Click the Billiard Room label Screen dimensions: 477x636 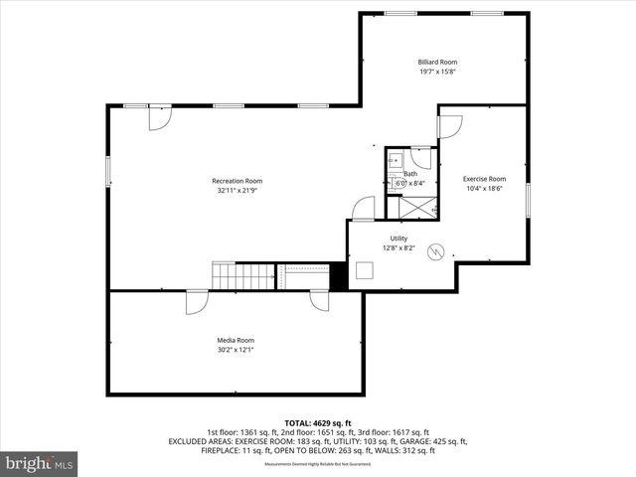[437, 62]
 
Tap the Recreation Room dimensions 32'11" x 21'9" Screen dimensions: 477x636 [238, 190]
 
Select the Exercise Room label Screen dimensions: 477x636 [484, 179]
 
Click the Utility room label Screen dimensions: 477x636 [398, 238]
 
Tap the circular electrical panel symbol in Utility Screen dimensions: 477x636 [433, 252]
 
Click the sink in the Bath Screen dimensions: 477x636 [394, 159]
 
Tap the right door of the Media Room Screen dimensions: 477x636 [319, 302]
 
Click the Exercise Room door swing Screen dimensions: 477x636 [449, 127]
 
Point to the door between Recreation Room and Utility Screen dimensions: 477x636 [364, 209]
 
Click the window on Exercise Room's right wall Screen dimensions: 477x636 [527, 199]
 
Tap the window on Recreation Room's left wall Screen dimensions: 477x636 [108, 170]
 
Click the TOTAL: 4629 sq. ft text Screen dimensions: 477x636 [318, 422]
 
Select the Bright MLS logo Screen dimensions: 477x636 [40, 462]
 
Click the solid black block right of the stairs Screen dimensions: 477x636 [339, 275]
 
